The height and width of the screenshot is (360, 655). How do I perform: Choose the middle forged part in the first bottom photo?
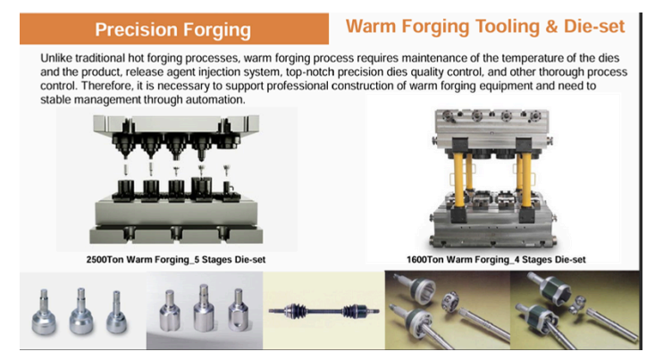[80, 311]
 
